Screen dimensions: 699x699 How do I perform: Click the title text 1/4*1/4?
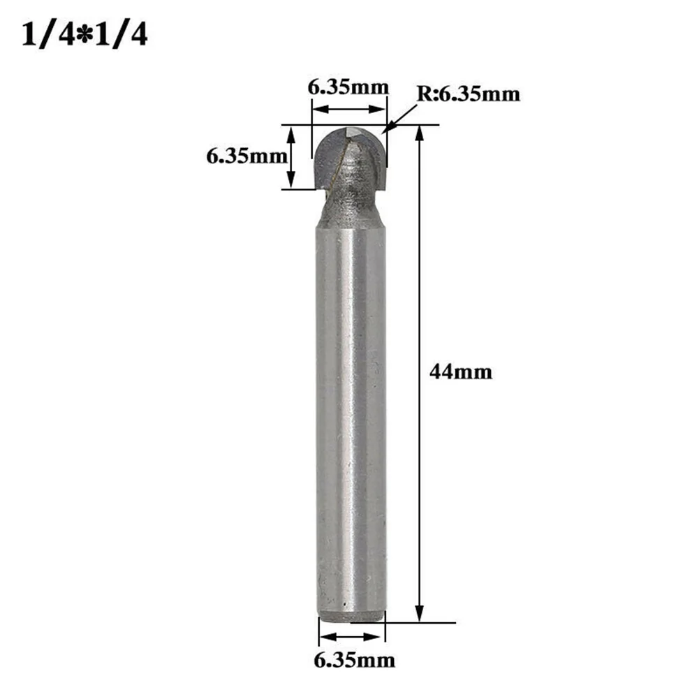pos(84,35)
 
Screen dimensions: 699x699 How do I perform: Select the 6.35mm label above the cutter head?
pos(348,88)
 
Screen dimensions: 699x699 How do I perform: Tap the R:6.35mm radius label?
pos(469,94)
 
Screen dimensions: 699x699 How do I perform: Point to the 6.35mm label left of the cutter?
pos(246,156)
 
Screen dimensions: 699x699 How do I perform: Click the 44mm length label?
pos(460,372)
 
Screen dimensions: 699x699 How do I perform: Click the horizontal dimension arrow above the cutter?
pos(348,109)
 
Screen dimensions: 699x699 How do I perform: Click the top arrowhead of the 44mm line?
pos(420,132)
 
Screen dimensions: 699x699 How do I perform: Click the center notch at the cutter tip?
pos(355,131)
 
